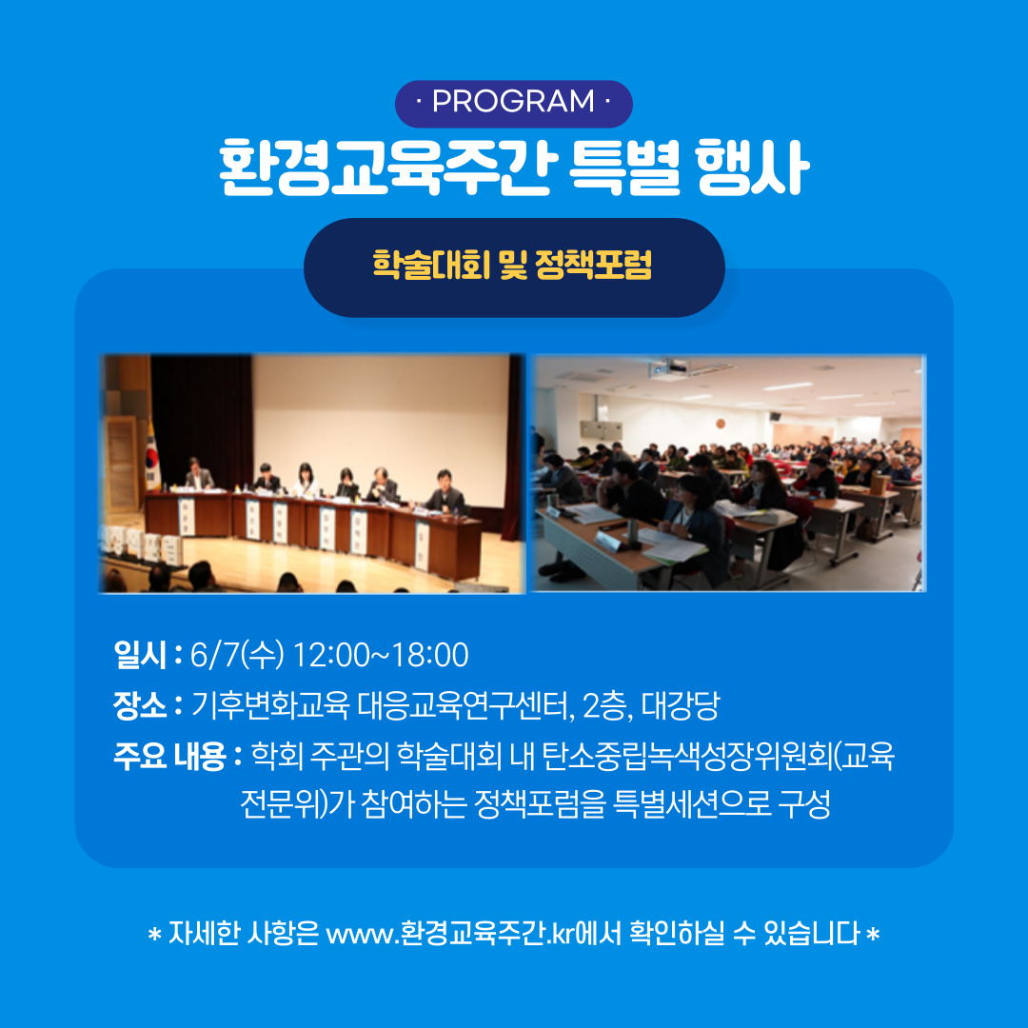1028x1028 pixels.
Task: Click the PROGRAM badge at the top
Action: click(513, 103)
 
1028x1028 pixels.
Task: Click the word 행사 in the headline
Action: click(752, 168)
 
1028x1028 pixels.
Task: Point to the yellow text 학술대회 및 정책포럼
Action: click(513, 265)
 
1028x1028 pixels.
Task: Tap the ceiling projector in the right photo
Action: click(669, 368)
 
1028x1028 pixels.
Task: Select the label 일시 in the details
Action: click(140, 654)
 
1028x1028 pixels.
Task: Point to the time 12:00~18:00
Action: click(381, 655)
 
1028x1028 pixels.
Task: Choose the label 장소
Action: click(140, 705)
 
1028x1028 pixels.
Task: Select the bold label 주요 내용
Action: click(169, 756)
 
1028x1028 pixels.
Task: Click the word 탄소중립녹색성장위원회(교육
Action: click(718, 756)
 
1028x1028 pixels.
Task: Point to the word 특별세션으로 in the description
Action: click(692, 803)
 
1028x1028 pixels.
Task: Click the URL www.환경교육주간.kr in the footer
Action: click(450, 933)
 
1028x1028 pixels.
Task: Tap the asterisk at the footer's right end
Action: click(872, 934)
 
